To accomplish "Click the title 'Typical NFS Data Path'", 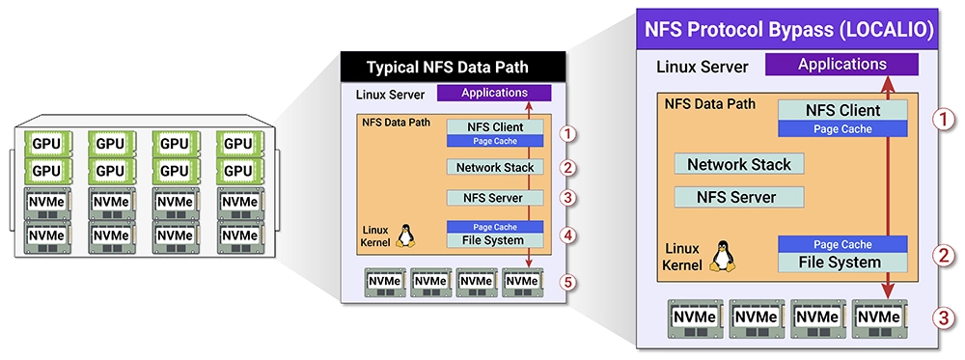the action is pos(448,67).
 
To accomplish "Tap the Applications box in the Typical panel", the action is pos(494,93).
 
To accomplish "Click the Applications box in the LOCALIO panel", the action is pos(841,64).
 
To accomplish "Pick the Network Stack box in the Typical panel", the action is pos(495,166).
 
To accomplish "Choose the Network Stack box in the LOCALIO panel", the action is pos(739,164).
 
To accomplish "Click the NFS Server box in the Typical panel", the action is pos(495,198).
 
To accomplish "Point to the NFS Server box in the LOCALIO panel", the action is pos(739,197).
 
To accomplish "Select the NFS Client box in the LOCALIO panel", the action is pos(842,110).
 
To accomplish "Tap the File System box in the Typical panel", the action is pos(495,240).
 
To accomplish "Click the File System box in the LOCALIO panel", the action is pos(842,263).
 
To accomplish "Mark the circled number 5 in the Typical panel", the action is pos(569,282).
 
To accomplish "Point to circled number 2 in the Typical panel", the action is pos(569,166).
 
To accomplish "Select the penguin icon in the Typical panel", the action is pos(404,235).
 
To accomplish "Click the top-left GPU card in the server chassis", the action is pos(47,144).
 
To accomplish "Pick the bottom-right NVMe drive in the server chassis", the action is pos(238,235).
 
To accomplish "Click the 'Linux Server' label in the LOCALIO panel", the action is pos(703,67).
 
